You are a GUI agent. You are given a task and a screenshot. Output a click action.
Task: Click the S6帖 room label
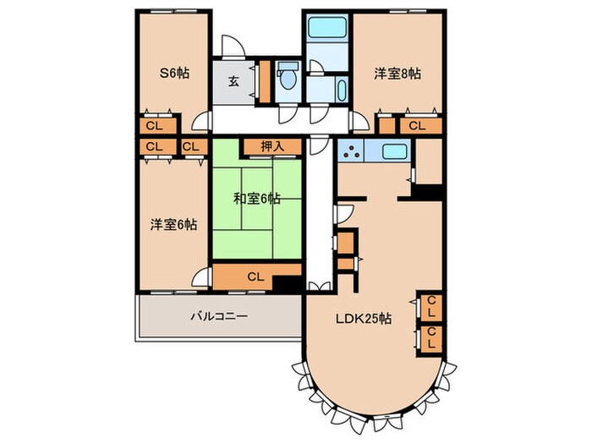tap(174, 74)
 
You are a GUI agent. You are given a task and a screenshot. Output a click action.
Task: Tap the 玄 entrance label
tap(233, 82)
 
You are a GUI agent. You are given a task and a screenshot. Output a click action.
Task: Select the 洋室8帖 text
tap(397, 74)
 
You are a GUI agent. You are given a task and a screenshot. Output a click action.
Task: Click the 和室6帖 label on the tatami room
tap(257, 200)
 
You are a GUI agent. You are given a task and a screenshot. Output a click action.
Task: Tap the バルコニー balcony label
tap(218, 316)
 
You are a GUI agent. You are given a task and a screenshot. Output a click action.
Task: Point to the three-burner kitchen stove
tap(349, 153)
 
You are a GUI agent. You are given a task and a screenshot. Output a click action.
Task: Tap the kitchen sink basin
tap(395, 153)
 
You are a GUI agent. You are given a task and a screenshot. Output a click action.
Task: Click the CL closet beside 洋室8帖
tap(417, 126)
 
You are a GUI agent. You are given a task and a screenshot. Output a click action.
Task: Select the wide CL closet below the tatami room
tap(254, 276)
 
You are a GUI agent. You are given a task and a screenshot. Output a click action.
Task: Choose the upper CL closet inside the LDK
tap(430, 304)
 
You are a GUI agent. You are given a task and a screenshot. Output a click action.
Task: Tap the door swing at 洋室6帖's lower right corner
tap(201, 277)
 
